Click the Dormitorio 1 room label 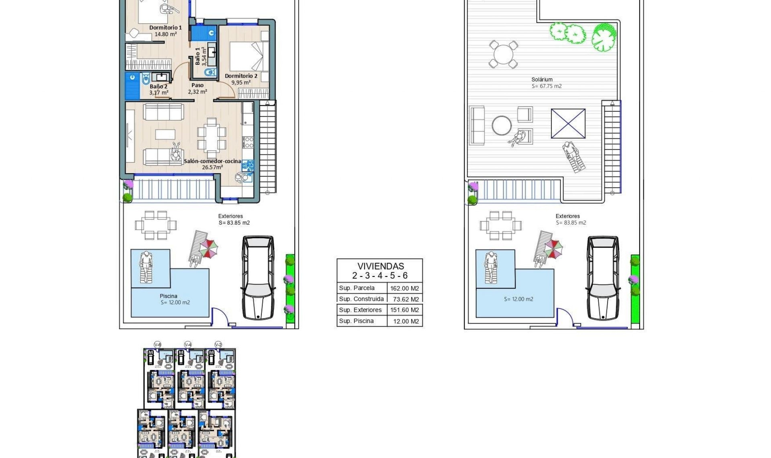(x=165, y=28)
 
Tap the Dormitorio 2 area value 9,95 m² (x=241, y=83)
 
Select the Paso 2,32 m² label (x=197, y=88)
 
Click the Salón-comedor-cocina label (x=212, y=161)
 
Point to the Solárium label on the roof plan (x=542, y=80)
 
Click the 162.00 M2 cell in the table (x=404, y=288)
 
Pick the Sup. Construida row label (x=361, y=299)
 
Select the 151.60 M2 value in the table (x=404, y=310)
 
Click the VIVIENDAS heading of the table (x=380, y=266)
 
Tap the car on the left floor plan (x=258, y=278)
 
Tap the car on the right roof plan (x=603, y=278)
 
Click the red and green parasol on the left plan (x=209, y=248)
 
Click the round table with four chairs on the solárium (x=503, y=54)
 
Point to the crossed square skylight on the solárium (x=568, y=123)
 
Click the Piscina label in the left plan (x=168, y=296)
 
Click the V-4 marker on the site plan (x=188, y=345)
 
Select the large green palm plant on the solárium (x=604, y=37)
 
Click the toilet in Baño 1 (x=210, y=73)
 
